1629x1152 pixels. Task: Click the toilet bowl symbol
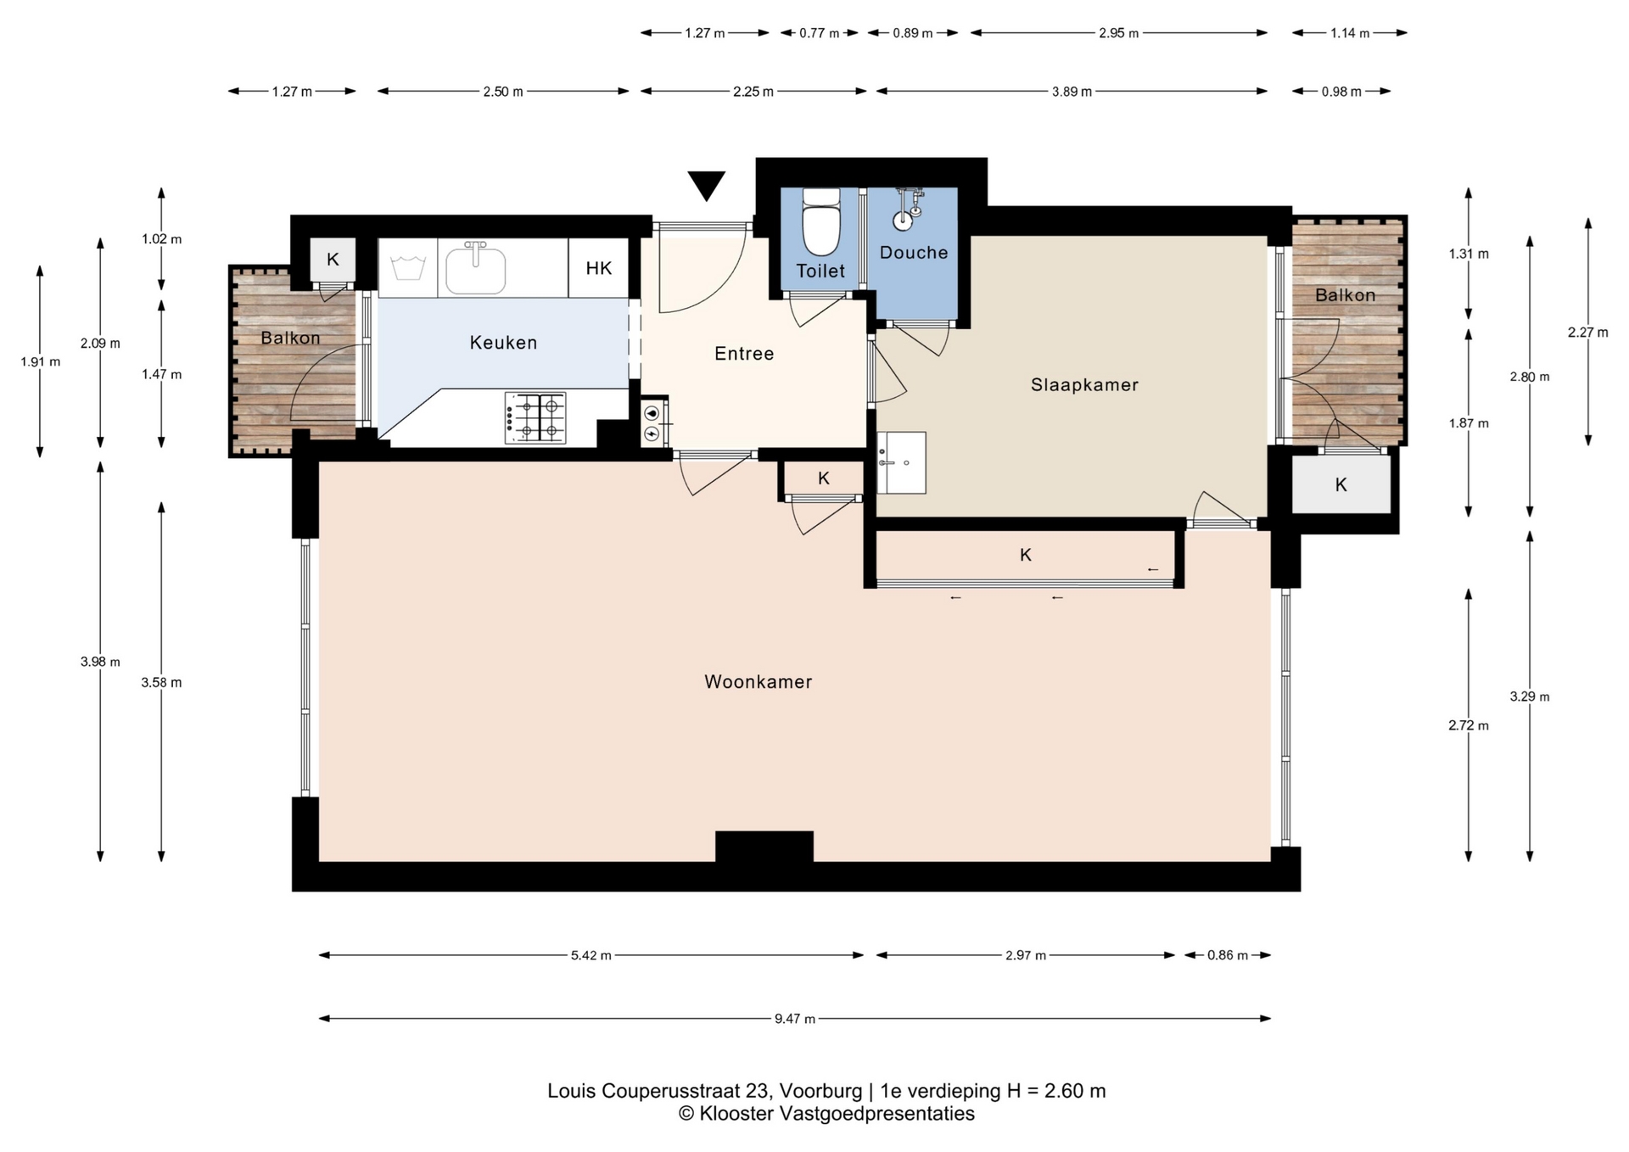[x=820, y=221]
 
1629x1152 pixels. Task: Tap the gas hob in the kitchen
[x=535, y=417]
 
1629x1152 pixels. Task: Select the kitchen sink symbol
[x=475, y=268]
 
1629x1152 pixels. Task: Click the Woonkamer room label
[x=758, y=682]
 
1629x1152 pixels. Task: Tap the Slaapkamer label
[x=1084, y=385]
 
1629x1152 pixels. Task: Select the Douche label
[x=914, y=253]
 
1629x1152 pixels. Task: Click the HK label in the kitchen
[x=599, y=268]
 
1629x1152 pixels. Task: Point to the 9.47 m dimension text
[x=795, y=1019]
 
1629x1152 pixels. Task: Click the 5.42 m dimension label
[x=591, y=955]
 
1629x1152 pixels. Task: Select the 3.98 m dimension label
[x=100, y=662]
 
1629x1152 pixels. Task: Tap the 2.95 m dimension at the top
[x=1118, y=33]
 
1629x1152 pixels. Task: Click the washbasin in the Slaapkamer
[x=901, y=463]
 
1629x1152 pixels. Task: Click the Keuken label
[x=503, y=343]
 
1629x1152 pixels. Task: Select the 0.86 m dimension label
[x=1227, y=955]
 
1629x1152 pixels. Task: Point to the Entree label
[x=744, y=354]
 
